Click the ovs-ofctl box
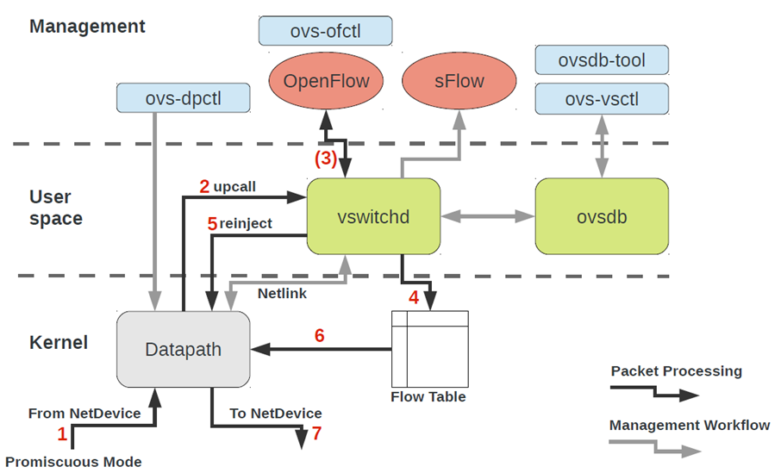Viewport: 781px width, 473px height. [x=325, y=31]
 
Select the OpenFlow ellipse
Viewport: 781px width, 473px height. [x=326, y=81]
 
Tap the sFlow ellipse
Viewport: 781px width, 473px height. [x=459, y=81]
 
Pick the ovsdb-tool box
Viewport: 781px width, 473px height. [x=602, y=60]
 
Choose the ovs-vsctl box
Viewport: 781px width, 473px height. [x=602, y=98]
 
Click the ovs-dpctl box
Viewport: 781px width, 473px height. [x=184, y=98]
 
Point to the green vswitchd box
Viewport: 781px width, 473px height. [x=373, y=216]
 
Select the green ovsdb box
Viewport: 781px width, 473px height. [x=602, y=216]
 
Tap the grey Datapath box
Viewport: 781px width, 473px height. [x=184, y=349]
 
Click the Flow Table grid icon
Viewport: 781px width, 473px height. [x=430, y=349]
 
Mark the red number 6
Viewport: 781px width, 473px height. [x=319, y=336]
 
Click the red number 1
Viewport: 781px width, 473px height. [x=62, y=434]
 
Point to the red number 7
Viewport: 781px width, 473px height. [x=316, y=433]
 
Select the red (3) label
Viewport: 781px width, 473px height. [x=326, y=159]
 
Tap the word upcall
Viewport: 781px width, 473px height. [x=234, y=187]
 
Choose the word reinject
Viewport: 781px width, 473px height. [x=246, y=223]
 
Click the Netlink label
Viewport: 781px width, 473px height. [x=282, y=293]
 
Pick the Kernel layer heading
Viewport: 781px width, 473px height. [x=59, y=343]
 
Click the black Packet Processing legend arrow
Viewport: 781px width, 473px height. [x=654, y=392]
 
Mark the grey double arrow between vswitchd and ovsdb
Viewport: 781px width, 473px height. [x=488, y=216]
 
